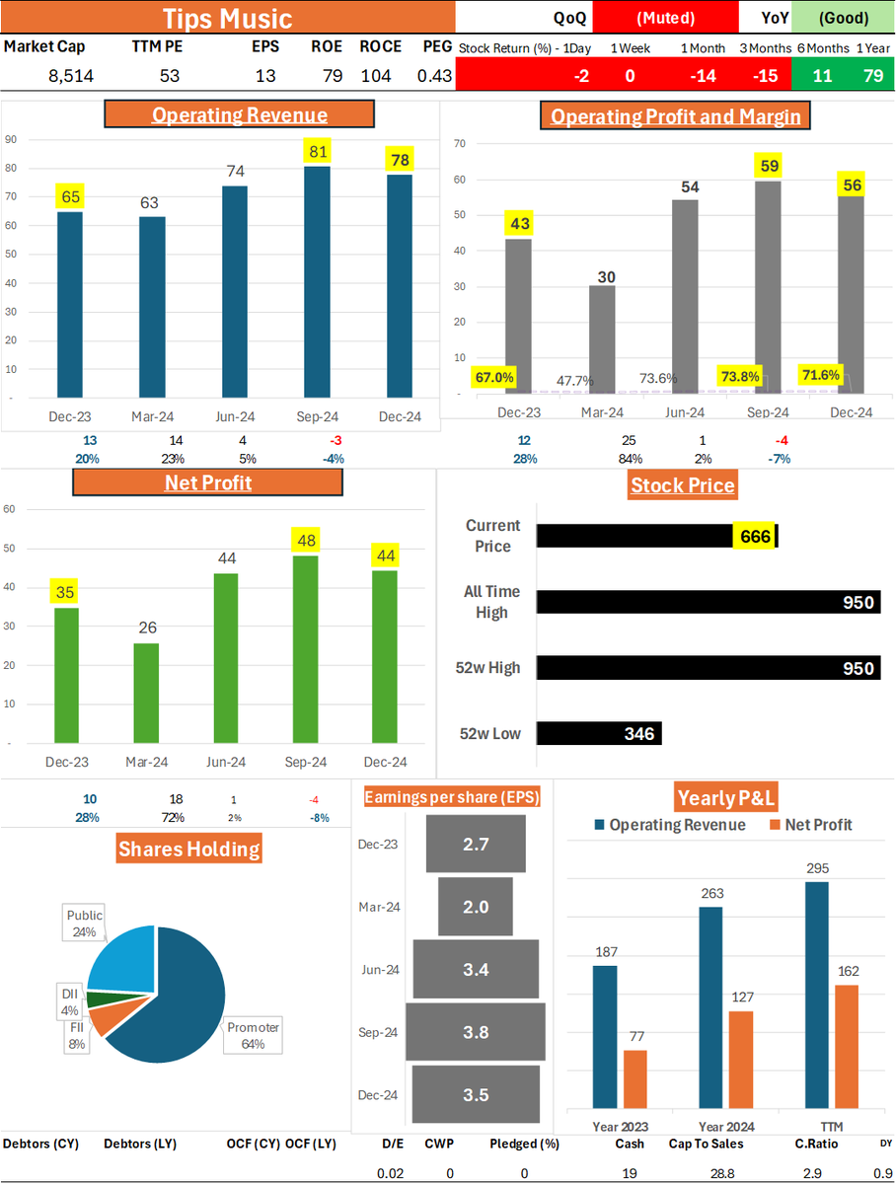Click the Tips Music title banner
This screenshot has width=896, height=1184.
(x=227, y=18)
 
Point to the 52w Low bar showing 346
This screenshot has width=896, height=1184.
(x=599, y=733)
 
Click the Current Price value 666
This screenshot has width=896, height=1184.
(x=752, y=536)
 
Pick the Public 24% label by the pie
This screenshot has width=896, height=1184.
(x=84, y=924)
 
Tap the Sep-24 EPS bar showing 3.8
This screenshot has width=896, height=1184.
(x=476, y=1032)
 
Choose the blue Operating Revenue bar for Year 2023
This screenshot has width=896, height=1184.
(x=605, y=1036)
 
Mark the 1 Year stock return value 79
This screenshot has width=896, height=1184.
(x=873, y=75)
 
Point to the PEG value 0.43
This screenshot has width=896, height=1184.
(x=434, y=76)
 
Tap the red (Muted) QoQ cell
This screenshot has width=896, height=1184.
(x=665, y=18)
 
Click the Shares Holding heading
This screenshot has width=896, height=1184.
(x=189, y=849)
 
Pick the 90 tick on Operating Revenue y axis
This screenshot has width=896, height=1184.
(x=10, y=139)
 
